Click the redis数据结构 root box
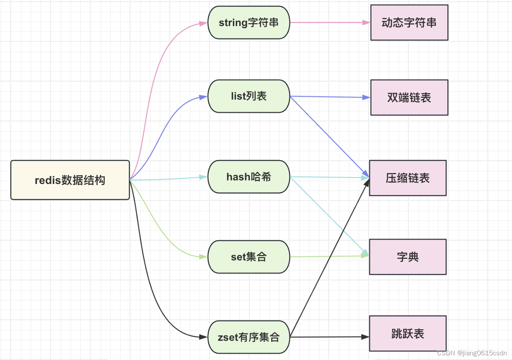coord(70,180)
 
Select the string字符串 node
coord(249,22)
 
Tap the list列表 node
coord(249,96)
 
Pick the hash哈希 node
coord(249,177)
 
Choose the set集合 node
coord(249,257)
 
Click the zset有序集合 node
coord(249,337)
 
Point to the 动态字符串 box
coord(409,22)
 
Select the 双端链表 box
coord(409,97)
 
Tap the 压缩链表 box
coord(408,178)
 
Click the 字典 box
coord(408,257)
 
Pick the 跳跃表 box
coord(408,334)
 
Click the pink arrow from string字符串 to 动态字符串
coord(330,22)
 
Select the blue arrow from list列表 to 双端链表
coord(330,97)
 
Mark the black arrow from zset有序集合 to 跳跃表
coord(330,337)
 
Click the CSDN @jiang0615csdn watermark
coord(472,353)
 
